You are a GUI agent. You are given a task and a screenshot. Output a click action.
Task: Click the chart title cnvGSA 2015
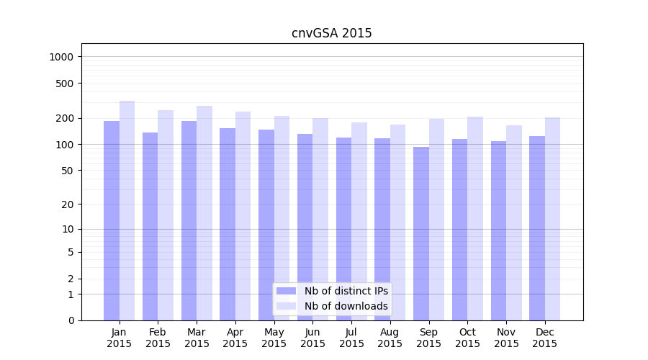[x=331, y=33]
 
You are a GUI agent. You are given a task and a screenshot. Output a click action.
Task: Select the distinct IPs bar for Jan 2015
[x=112, y=220]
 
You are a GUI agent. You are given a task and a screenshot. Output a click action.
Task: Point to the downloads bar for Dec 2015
[x=552, y=219]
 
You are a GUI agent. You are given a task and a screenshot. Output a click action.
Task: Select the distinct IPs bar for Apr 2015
[x=228, y=224]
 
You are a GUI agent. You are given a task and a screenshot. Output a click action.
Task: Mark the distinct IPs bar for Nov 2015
[x=498, y=230]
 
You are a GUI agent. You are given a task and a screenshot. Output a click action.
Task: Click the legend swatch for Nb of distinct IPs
[x=286, y=291]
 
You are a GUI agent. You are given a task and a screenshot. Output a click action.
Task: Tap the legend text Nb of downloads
[x=346, y=306]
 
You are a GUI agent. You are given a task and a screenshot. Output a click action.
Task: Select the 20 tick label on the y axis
[x=68, y=204]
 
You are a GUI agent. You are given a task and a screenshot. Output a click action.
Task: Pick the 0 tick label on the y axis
[x=71, y=320]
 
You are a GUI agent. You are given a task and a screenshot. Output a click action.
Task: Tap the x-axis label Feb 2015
[x=158, y=338]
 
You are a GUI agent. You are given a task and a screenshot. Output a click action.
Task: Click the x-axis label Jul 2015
[x=351, y=338]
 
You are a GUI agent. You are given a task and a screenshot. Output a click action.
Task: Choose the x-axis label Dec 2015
[x=545, y=338]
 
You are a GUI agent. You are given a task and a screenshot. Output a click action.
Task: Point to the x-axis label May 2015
[x=274, y=338]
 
